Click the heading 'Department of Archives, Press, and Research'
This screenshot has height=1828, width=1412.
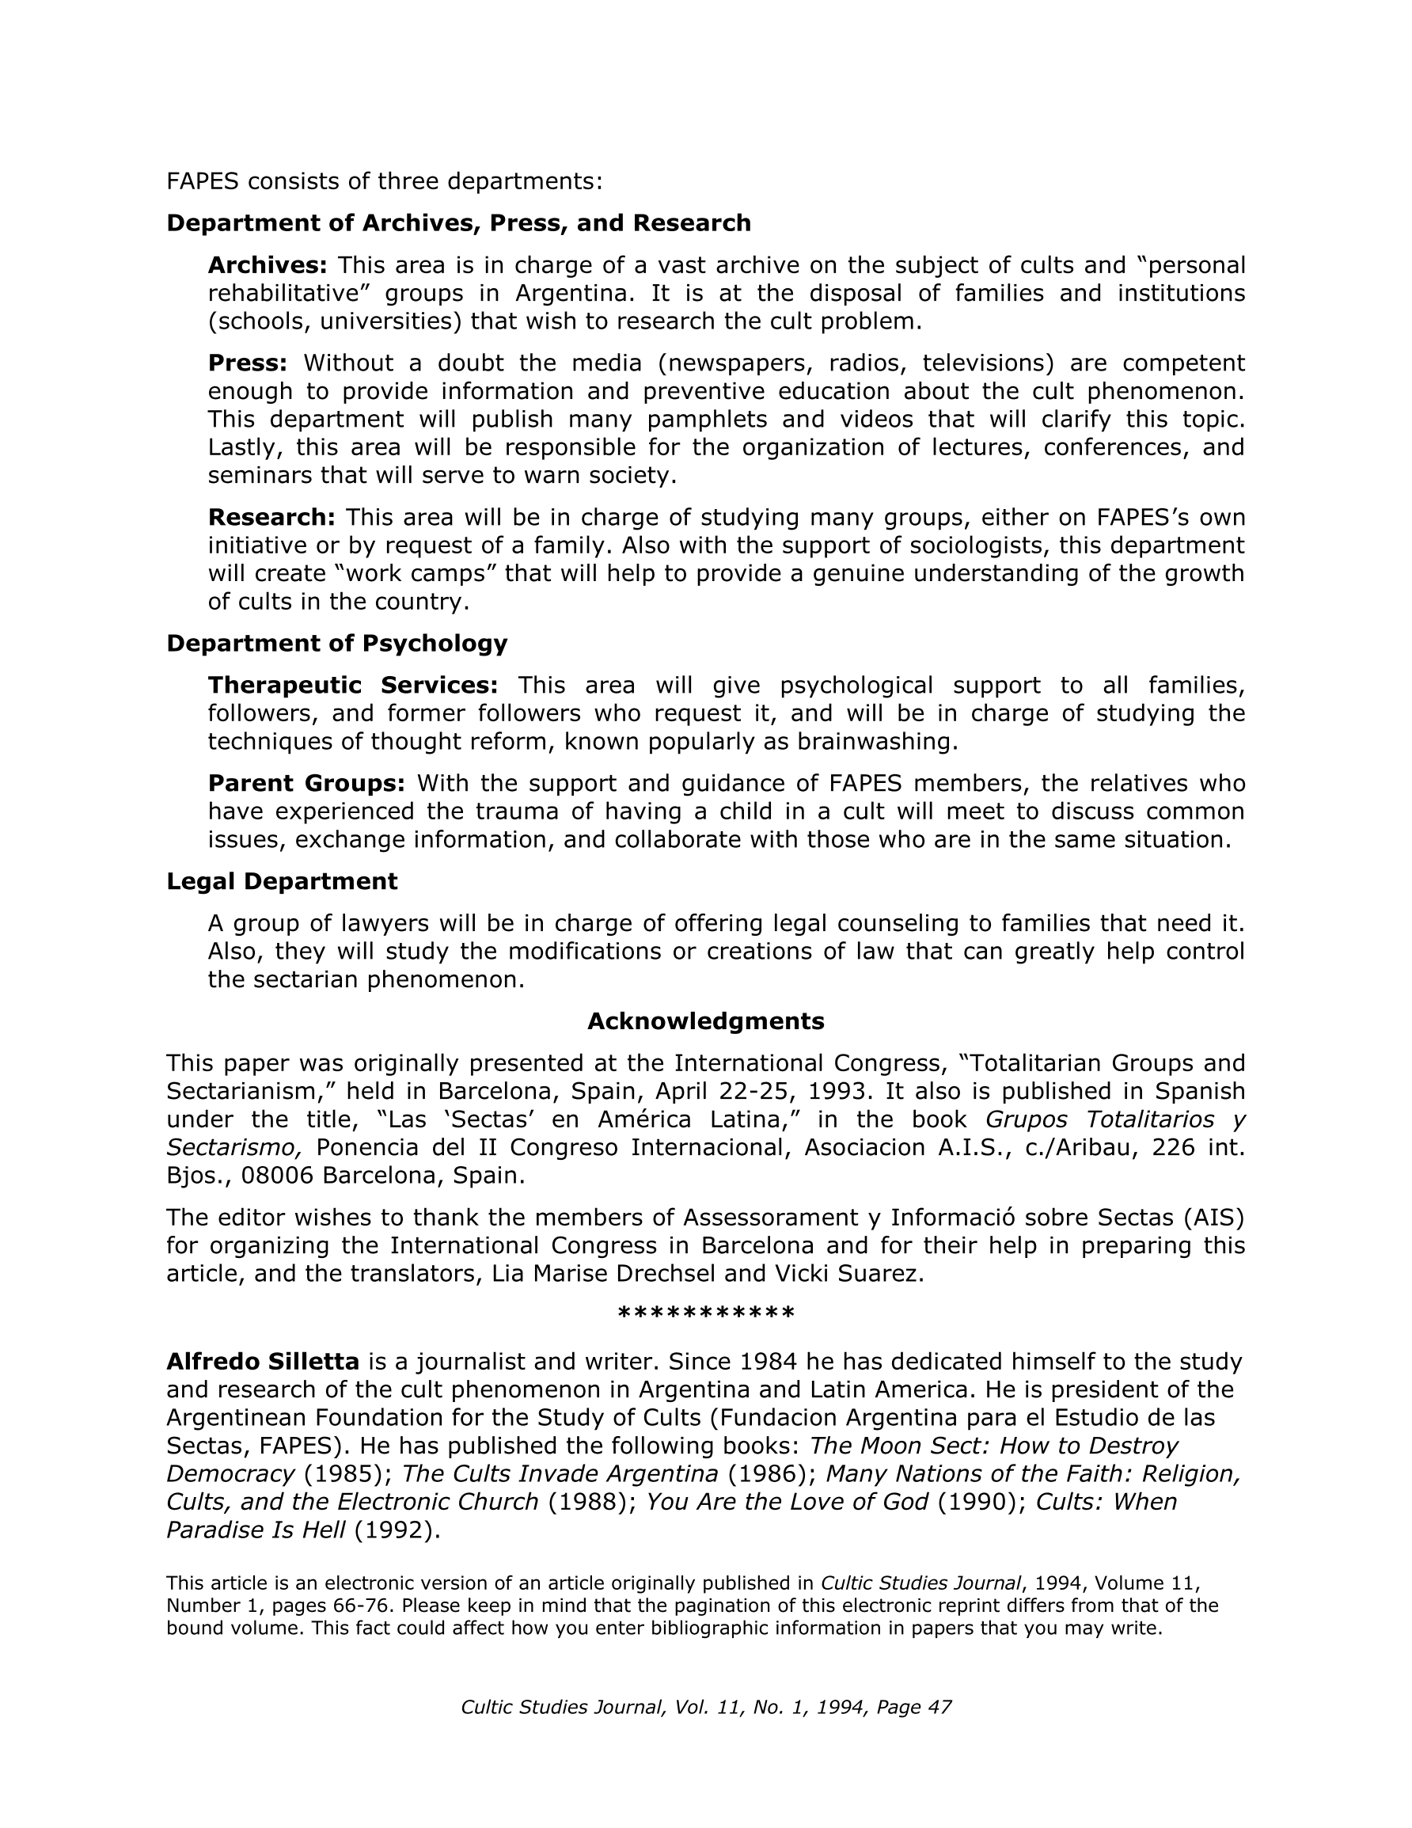pyautogui.click(x=459, y=222)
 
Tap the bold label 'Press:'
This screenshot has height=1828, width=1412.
pyautogui.click(x=248, y=363)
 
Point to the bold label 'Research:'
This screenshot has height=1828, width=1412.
pyautogui.click(x=272, y=517)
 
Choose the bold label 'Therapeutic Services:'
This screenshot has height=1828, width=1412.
pyautogui.click(x=352, y=686)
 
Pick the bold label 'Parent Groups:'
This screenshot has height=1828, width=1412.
pyautogui.click(x=306, y=784)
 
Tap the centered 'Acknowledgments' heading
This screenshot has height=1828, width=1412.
pyautogui.click(x=705, y=1021)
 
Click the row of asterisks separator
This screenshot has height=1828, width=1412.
pyautogui.click(x=705, y=1315)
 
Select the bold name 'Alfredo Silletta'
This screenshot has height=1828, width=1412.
pyautogui.click(x=263, y=1362)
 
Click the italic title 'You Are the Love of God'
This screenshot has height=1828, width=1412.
pyautogui.click(x=787, y=1503)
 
